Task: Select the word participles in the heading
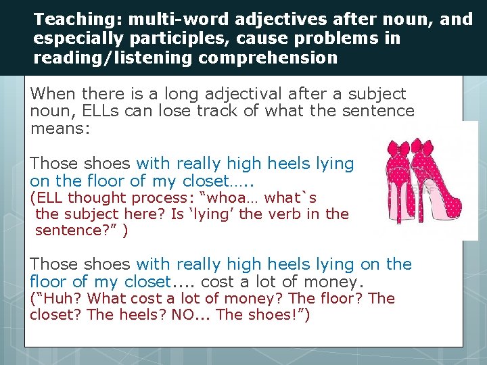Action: (x=176, y=39)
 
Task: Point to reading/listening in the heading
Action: (x=112, y=58)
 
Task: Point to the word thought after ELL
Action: (x=99, y=198)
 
